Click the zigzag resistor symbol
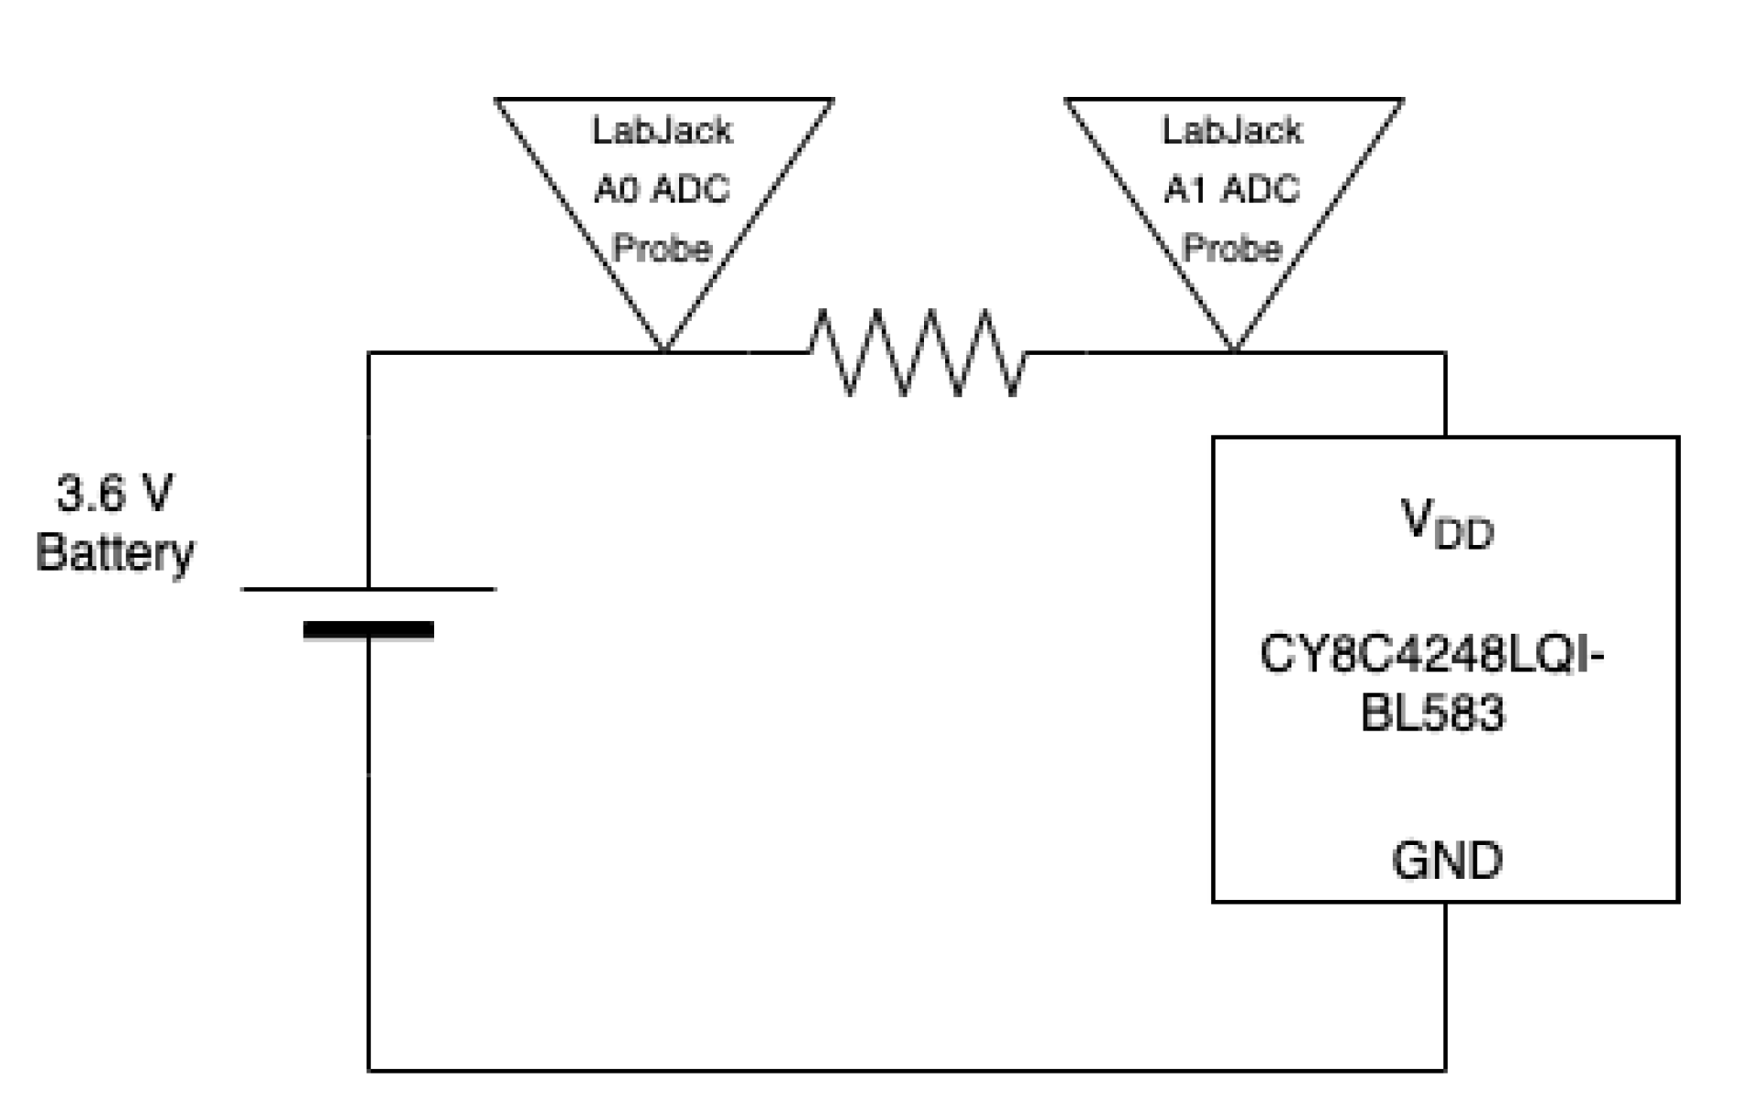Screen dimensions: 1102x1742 (x=917, y=353)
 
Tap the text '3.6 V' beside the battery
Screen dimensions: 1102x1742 (x=114, y=494)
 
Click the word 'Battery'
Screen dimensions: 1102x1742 (x=115, y=552)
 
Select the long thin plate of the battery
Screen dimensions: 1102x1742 (x=368, y=589)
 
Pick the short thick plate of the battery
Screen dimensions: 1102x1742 (x=368, y=629)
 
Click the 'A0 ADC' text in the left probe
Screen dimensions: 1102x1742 (x=662, y=189)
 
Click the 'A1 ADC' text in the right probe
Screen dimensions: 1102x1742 (x=1231, y=189)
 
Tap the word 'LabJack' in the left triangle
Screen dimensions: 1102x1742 (x=662, y=131)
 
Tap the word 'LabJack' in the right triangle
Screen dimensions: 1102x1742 (x=1231, y=131)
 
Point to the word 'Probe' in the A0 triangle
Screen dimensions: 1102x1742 (x=662, y=248)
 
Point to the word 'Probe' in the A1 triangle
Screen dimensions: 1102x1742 (x=1231, y=248)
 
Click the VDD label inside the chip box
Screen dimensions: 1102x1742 (x=1446, y=525)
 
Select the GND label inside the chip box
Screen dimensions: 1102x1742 (x=1446, y=861)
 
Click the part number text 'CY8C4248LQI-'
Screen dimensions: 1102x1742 (x=1431, y=655)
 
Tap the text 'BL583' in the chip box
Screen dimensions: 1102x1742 (x=1431, y=712)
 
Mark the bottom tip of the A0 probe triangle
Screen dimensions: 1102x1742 (x=664, y=348)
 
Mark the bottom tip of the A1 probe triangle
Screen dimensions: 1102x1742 (x=1234, y=348)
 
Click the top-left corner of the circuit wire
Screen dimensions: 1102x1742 (x=369, y=353)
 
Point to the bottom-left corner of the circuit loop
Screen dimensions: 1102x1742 (x=369, y=1069)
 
